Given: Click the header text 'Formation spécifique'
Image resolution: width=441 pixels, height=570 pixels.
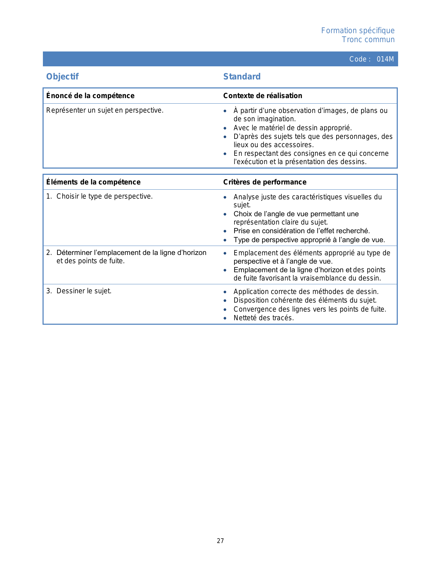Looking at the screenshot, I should (358, 31).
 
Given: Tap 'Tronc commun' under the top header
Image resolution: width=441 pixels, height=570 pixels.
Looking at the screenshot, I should (368, 40).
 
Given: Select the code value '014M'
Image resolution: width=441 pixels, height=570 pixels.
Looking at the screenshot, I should (385, 59).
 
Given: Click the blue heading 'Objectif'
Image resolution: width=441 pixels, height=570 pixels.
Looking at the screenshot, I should (63, 77).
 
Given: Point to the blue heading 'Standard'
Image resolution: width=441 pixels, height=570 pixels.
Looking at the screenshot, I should (242, 77).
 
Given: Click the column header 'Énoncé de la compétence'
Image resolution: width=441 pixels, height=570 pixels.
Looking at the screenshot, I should (90, 96).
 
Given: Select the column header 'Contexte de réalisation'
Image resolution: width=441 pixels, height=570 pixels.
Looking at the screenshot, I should (263, 96).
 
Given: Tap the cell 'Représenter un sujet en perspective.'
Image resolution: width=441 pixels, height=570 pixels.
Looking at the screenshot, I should (105, 111).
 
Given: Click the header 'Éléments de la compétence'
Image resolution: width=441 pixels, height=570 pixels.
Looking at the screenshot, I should (93, 182).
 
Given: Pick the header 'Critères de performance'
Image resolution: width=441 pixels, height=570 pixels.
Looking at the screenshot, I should (265, 182).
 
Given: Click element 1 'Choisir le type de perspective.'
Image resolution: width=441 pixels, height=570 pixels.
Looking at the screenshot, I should (104, 197).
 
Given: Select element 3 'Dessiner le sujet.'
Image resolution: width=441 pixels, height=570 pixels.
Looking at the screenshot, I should (84, 291).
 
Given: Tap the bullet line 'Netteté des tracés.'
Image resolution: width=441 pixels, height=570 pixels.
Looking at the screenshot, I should (264, 318).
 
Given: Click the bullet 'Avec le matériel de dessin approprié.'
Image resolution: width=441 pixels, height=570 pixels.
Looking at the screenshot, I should (293, 128).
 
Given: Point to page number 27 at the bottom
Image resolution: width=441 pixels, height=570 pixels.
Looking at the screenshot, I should (220, 541).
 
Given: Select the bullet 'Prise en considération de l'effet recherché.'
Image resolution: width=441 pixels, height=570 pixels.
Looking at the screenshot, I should (302, 231).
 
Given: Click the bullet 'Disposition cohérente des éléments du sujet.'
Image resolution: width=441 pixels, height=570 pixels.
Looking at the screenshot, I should (305, 301).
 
